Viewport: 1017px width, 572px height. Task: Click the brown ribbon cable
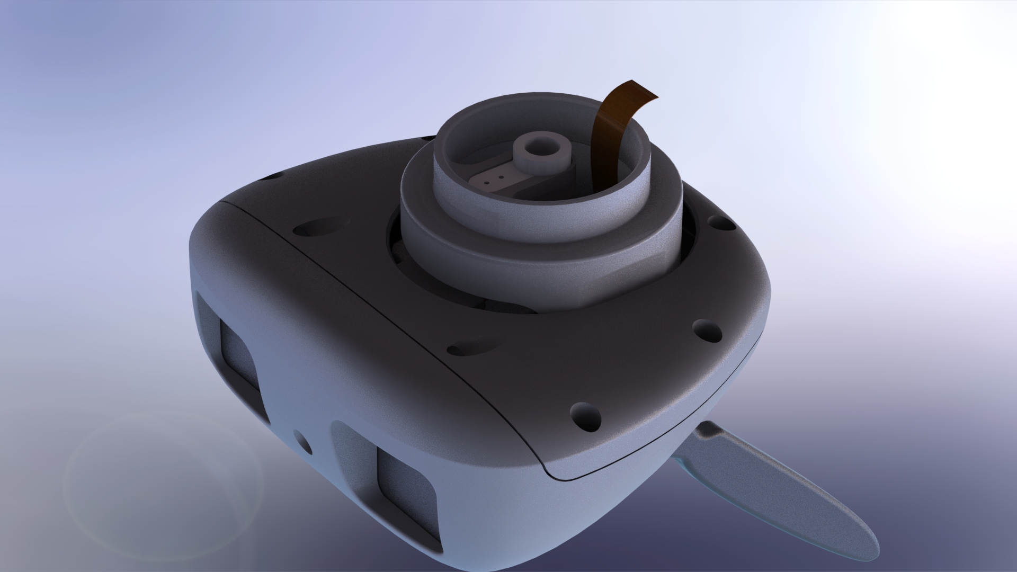(609, 143)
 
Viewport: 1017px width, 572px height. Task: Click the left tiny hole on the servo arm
(485, 180)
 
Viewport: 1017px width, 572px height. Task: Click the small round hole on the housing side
(301, 440)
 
